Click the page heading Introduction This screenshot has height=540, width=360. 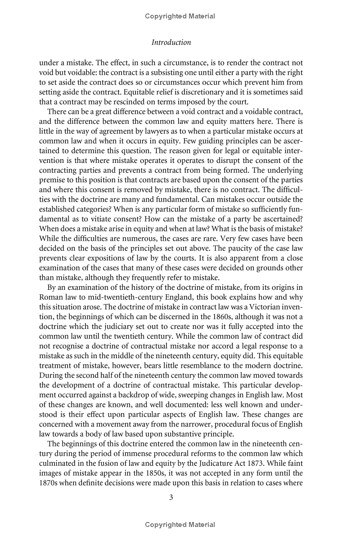pos(171,42)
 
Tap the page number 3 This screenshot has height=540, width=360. pos(171,497)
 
